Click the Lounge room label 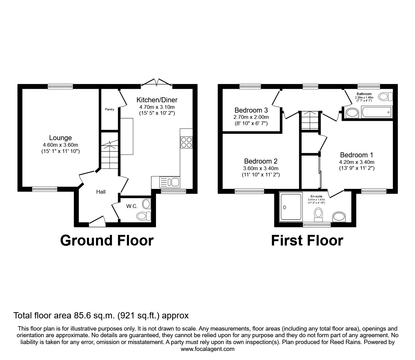pos(60,138)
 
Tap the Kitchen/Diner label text pos(157,100)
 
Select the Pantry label pos(109,109)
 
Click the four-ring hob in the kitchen pos(186,142)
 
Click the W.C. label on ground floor pos(130,206)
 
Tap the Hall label pos(101,192)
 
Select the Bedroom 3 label pos(251,110)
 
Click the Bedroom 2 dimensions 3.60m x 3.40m pos(261,168)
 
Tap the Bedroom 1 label pos(356,155)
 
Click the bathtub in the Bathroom pos(376,112)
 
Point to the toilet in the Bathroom pos(385,97)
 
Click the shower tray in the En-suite pos(291,206)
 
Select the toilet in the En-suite pos(318,215)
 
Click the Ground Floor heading pos(107,241)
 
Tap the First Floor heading pos(307,241)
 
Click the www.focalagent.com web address pos(207,349)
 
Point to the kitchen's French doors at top pos(157,82)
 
